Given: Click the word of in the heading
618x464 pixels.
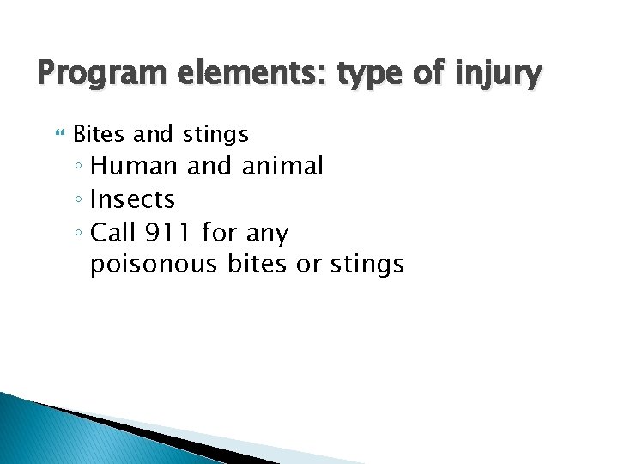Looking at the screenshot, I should click(x=430, y=74).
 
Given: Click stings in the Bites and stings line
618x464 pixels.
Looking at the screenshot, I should click(x=215, y=135).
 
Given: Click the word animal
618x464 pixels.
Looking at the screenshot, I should click(x=282, y=166).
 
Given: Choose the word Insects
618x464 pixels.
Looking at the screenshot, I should click(x=132, y=199).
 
